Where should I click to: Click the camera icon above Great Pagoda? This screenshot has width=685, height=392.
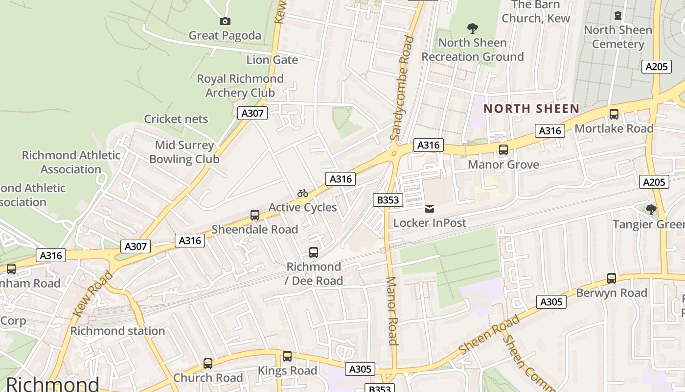225,21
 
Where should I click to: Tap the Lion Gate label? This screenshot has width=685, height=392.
272,60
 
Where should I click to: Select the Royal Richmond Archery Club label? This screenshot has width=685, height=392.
240,86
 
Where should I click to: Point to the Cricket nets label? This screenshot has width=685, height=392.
176,119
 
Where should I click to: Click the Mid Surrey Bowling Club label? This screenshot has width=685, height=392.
184,152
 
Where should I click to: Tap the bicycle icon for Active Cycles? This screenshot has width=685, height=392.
303,193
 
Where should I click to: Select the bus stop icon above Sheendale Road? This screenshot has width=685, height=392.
254,215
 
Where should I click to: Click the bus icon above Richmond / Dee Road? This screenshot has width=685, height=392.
314,252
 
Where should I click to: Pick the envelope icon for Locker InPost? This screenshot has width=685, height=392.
429,209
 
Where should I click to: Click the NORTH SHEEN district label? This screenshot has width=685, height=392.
531,109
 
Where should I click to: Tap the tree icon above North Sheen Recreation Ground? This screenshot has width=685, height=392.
472,28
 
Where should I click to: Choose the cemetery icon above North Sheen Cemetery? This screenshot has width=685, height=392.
618,16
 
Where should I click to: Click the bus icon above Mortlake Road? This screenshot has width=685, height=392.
614,114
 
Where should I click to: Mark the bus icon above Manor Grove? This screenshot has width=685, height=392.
503,150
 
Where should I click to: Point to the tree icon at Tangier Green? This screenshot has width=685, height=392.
651,210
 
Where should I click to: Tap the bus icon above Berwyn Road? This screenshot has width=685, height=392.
611,278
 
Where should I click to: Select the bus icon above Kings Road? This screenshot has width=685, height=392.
287,356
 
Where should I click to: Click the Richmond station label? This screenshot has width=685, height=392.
117,331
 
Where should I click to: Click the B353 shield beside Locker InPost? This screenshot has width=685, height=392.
388,199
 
